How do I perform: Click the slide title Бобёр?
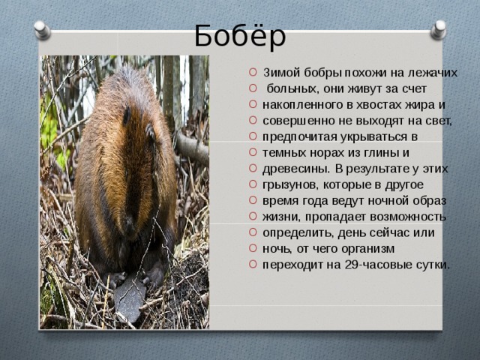240,35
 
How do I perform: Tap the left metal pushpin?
42,30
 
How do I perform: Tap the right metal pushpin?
438,30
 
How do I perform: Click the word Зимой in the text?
282,73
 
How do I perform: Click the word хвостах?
378,105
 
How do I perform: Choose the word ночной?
388,201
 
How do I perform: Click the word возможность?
408,217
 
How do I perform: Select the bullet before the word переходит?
253,264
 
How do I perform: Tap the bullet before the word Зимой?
253,73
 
